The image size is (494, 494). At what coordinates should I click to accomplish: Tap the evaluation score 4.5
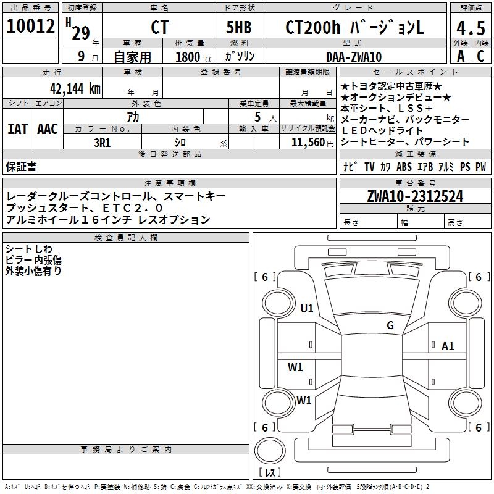(x=469, y=28)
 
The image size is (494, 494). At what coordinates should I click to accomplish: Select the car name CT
(x=159, y=28)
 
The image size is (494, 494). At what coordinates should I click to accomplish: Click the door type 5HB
(x=240, y=28)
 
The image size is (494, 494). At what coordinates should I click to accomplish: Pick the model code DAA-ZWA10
(x=354, y=57)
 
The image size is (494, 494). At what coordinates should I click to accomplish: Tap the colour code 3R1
(x=102, y=142)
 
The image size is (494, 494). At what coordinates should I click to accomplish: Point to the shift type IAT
(x=17, y=129)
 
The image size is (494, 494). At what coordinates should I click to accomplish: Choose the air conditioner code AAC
(x=48, y=129)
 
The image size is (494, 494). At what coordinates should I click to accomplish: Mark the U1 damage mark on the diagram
(x=307, y=309)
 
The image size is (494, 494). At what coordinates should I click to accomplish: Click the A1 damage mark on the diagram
(x=448, y=346)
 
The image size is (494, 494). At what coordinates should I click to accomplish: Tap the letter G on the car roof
(x=390, y=325)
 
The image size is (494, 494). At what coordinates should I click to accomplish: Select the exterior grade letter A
(x=460, y=56)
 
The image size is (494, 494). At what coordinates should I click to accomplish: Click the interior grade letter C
(x=480, y=56)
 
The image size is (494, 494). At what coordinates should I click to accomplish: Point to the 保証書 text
(x=21, y=166)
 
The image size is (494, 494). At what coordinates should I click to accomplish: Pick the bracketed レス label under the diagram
(x=272, y=472)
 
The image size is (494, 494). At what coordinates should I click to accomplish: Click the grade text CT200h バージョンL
(x=354, y=28)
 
